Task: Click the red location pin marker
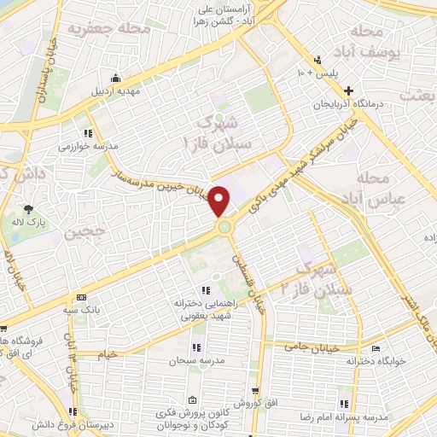tap(219, 201)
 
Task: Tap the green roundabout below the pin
tap(224, 226)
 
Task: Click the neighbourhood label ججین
tap(89, 230)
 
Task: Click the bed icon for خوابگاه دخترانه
tap(376, 348)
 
